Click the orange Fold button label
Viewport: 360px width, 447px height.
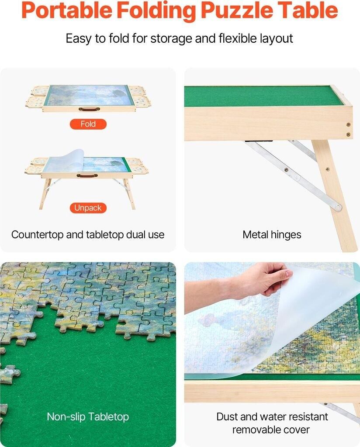(x=88, y=124)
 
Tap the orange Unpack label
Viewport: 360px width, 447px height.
(x=88, y=208)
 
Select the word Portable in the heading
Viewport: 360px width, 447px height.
(x=67, y=10)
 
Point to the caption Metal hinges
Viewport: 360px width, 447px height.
(x=272, y=234)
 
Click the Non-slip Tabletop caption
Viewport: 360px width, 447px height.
(x=88, y=416)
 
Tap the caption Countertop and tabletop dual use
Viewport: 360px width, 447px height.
(x=88, y=234)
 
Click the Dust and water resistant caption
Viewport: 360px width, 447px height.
(x=272, y=416)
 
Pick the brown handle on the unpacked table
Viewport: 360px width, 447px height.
(x=87, y=175)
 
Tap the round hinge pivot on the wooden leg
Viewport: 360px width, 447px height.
(x=338, y=207)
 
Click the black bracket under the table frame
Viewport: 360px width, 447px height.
(x=259, y=141)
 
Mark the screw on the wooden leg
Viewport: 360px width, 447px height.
(x=327, y=169)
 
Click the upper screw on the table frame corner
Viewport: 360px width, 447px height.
(x=348, y=124)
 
